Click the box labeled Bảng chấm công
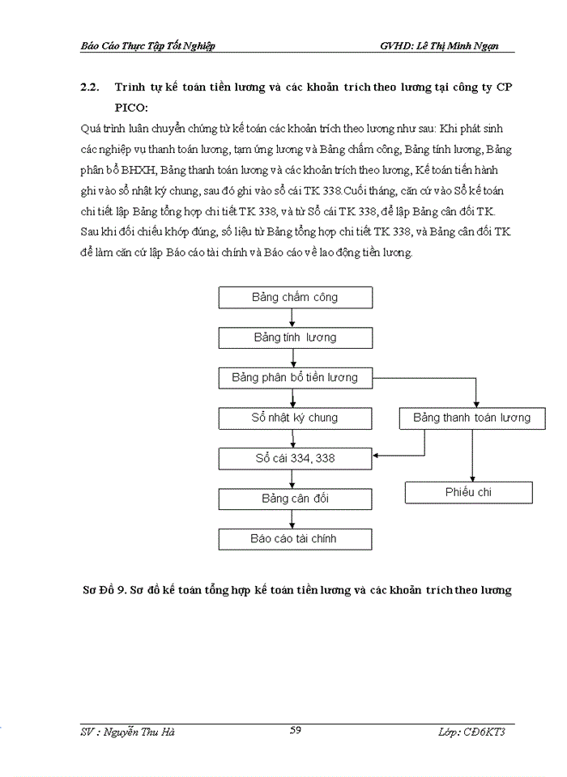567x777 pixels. pyautogui.click(x=295, y=297)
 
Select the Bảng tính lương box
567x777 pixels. pyautogui.click(x=295, y=338)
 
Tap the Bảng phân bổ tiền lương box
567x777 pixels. pyautogui.click(x=295, y=378)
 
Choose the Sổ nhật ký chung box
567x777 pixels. pyautogui.click(x=295, y=418)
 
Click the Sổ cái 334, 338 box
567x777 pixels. pyautogui.click(x=295, y=459)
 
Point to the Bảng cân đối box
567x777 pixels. pyautogui.click(x=295, y=499)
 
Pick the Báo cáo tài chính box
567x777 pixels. pyautogui.click(x=295, y=539)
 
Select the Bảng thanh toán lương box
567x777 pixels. pyautogui.click(x=471, y=418)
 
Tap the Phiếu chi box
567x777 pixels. pyautogui.click(x=469, y=492)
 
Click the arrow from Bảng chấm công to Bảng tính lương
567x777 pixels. pyautogui.click(x=295, y=317)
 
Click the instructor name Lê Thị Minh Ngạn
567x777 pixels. pyautogui.click(x=454, y=46)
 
